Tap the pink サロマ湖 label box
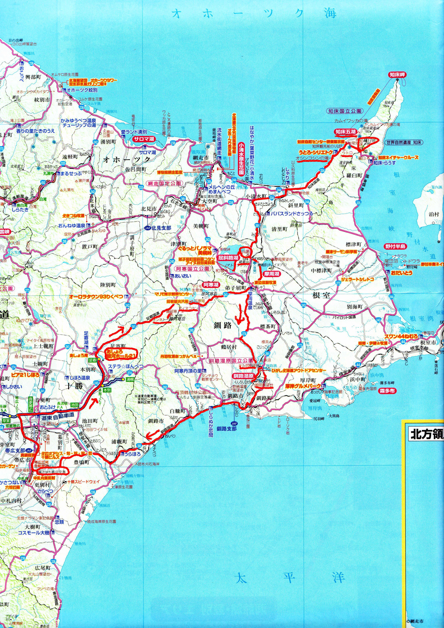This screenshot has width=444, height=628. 144,139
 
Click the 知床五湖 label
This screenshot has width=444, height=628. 346,132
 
